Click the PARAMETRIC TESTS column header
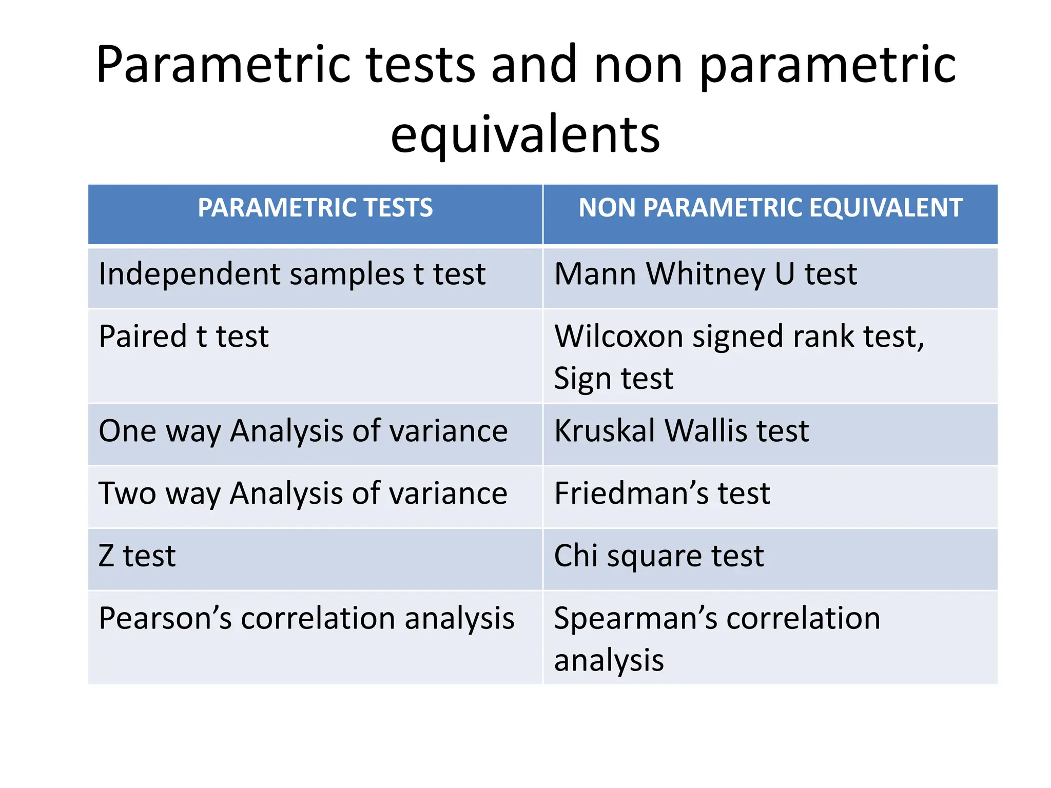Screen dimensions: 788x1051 [x=315, y=208]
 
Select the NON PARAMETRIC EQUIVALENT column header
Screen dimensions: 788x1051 [x=770, y=208]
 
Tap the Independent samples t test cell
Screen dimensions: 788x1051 [x=291, y=274]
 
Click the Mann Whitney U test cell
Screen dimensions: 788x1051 [x=705, y=274]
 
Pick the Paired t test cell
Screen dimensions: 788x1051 [x=183, y=337]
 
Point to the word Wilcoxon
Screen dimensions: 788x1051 [x=618, y=337]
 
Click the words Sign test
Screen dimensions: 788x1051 [x=613, y=379]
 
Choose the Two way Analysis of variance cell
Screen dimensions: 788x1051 [x=303, y=493]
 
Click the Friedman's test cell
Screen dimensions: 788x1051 [x=662, y=493]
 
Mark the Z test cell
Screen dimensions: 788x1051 [x=137, y=556]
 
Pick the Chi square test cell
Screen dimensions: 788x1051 [x=659, y=556]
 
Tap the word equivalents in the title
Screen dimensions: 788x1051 [x=525, y=134]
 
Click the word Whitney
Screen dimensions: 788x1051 [x=705, y=274]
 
